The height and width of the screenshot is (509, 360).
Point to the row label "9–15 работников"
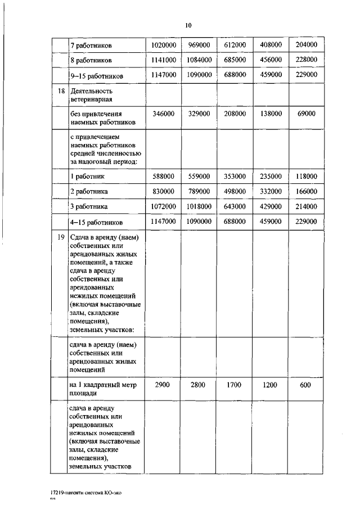(97, 75)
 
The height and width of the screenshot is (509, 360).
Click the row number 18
(61, 91)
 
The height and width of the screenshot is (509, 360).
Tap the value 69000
(306, 114)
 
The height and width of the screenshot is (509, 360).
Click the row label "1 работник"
(88, 177)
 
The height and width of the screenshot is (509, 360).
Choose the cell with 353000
(235, 176)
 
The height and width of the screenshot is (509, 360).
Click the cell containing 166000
(306, 191)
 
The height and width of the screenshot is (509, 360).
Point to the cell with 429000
(271, 206)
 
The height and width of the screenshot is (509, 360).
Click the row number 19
(61, 237)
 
